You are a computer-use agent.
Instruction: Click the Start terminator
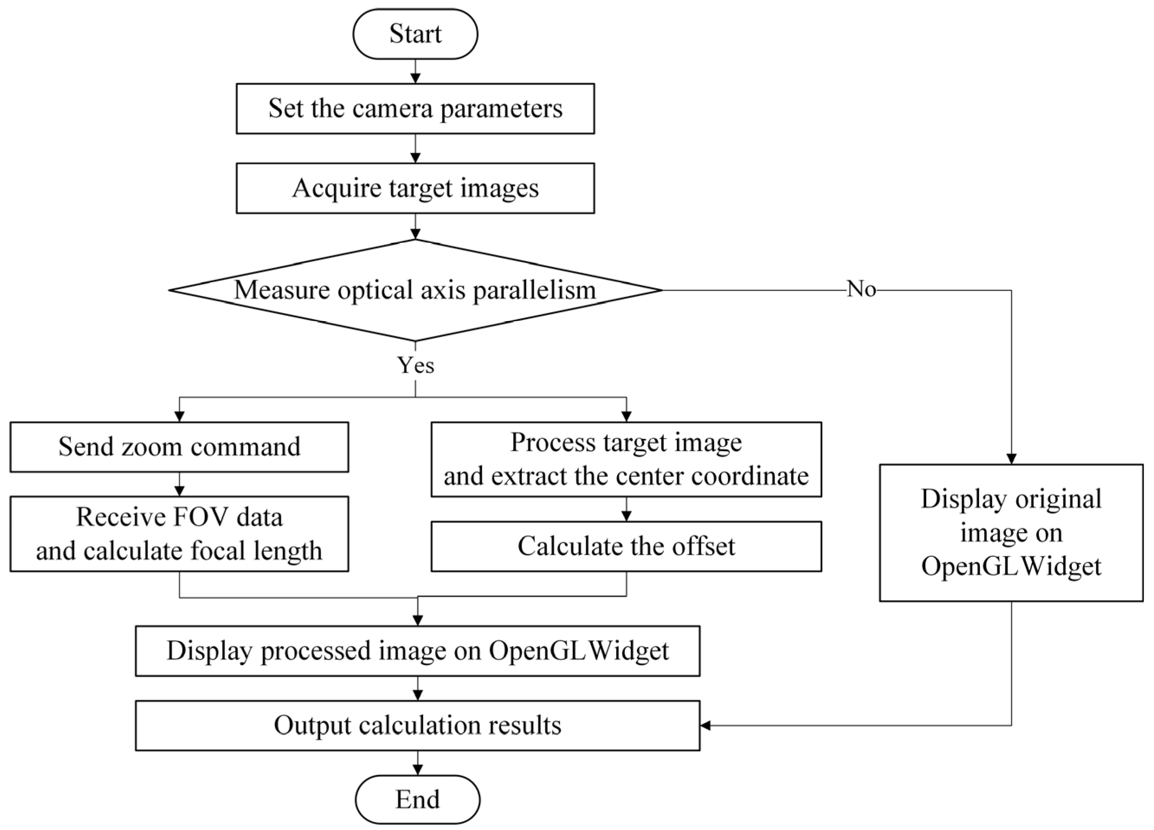(x=415, y=34)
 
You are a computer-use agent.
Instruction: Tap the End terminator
(x=417, y=799)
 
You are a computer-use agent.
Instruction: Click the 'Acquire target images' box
(x=415, y=188)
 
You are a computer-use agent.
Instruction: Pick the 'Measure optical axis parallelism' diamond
(x=415, y=290)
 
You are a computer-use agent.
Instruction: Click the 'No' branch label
(x=861, y=290)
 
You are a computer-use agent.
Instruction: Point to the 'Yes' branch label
(x=416, y=365)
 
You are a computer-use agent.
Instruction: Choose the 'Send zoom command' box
(x=179, y=447)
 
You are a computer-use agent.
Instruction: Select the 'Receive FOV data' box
(x=179, y=534)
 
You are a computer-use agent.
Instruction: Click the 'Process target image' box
(x=626, y=459)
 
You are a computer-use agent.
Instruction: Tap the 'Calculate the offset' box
(x=626, y=546)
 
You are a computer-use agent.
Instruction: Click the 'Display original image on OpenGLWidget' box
(x=1011, y=532)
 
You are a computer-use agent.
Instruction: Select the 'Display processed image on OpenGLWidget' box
(x=417, y=651)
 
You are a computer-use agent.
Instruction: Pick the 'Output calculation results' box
(x=417, y=725)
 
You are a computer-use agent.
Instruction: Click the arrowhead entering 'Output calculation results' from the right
(x=706, y=726)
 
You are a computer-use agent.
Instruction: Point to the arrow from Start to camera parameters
(x=415, y=72)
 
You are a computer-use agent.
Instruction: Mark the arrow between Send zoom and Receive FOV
(x=179, y=484)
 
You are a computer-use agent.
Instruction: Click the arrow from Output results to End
(x=417, y=763)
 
